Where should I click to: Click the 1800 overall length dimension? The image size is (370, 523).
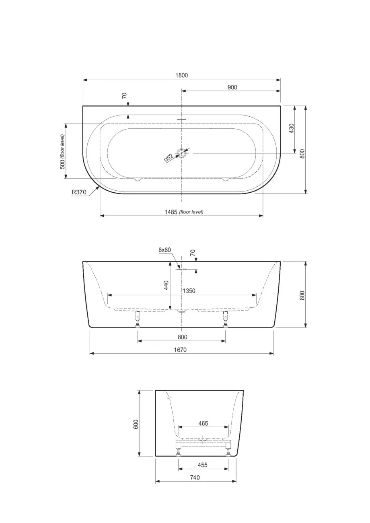pos(182,75)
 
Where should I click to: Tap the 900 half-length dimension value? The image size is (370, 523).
pos(232,87)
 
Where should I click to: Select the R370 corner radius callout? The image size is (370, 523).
pos(79,192)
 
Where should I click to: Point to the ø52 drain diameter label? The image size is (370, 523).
pos(169,158)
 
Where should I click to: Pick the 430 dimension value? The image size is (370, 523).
pos(292,129)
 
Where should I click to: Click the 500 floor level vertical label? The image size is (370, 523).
pos(62,152)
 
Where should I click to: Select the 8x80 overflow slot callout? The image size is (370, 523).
pos(164,249)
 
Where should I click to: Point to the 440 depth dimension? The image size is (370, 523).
pos(166,285)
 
